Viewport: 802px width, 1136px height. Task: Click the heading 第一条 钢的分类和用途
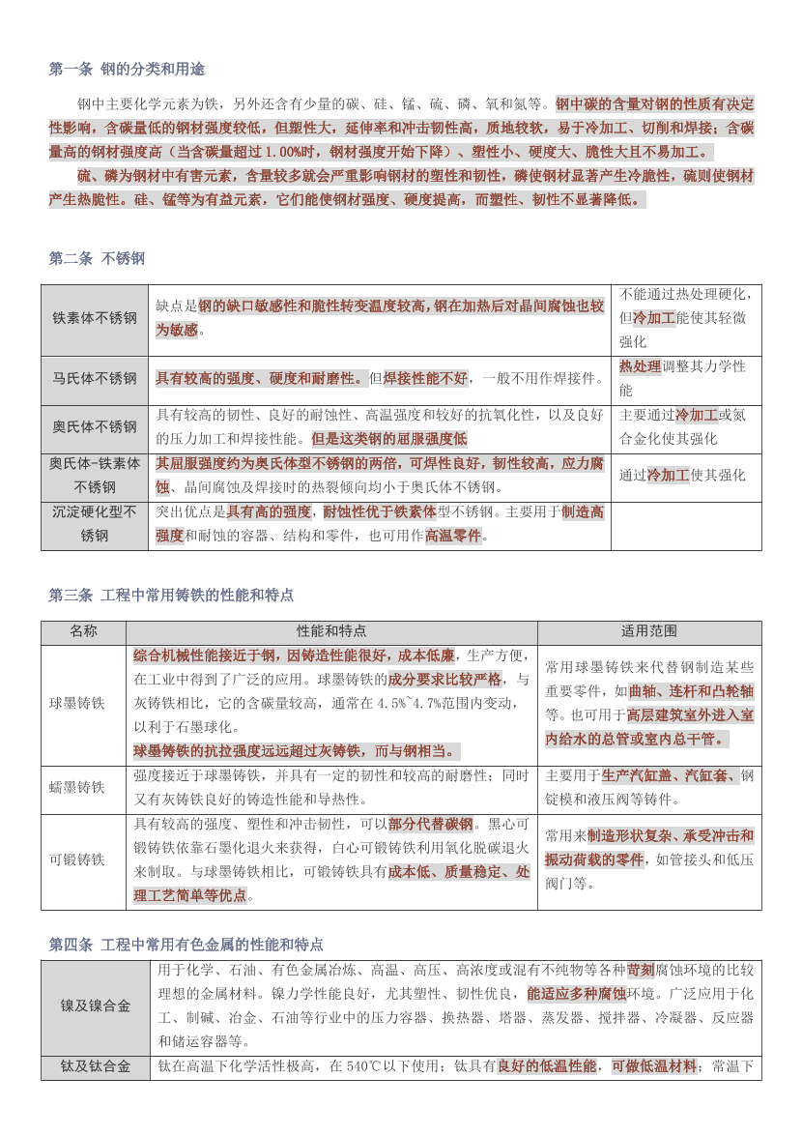127,70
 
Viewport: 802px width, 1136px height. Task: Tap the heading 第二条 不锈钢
97,258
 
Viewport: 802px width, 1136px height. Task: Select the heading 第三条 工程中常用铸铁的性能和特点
171,595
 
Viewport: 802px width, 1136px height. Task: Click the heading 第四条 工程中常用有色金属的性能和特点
186,944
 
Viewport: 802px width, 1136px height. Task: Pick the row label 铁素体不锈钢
95,318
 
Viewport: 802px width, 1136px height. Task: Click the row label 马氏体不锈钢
95,378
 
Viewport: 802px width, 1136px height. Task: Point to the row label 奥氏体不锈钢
95,426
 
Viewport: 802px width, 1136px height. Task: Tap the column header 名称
83,631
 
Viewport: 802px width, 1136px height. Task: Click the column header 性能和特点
331,631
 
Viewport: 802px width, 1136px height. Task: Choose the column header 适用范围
648,631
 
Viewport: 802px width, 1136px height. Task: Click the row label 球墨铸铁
77,704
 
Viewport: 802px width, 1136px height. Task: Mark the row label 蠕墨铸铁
77,788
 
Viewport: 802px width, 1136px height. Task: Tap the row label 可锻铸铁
77,859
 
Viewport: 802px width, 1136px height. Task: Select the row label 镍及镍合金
96,1005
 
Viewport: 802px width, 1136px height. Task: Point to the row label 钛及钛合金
96,1066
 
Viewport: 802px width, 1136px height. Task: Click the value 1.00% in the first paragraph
285,152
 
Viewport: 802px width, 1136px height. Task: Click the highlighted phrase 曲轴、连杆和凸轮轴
691,691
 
